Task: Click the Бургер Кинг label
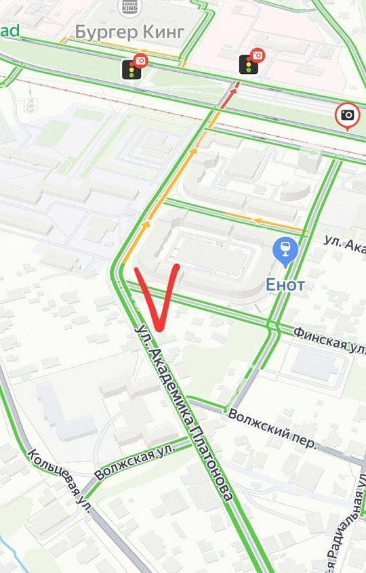click(129, 32)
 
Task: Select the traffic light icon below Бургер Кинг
click(131, 69)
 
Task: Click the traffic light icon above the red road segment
click(249, 64)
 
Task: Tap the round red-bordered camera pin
click(347, 115)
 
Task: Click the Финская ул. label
click(329, 338)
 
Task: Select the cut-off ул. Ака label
click(344, 244)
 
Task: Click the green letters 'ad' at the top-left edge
click(10, 31)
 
